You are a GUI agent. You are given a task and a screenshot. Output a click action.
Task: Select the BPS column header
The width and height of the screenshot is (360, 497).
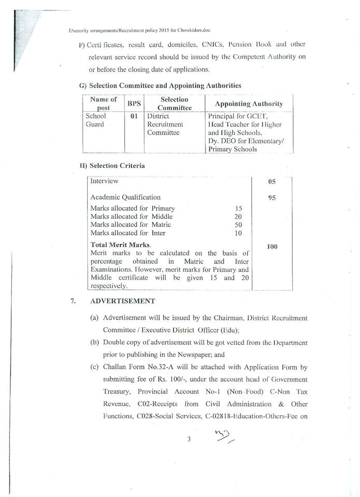[134, 104]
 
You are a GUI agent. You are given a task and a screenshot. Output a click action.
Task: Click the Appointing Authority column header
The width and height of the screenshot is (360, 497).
[249, 104]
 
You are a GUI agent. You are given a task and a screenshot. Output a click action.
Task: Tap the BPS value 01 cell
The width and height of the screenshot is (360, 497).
[134, 116]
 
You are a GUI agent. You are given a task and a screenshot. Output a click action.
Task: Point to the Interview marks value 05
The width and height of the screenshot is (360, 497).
[272, 182]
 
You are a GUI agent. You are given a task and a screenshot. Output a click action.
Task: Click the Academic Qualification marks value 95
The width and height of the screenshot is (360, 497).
[272, 198]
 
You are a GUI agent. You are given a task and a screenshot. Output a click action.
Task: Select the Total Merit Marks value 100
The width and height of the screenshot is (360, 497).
[272, 246]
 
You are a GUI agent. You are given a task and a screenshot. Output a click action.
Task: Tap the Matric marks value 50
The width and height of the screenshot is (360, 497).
[238, 225]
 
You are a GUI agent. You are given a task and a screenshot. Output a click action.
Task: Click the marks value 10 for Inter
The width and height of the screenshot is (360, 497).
[238, 233]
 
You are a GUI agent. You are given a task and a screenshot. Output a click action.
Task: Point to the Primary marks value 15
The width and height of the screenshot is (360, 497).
[238, 209]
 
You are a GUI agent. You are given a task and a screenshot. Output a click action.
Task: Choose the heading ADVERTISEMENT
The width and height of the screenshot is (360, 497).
[122, 301]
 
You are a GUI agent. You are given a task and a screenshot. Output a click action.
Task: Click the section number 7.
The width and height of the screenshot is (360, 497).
[73, 301]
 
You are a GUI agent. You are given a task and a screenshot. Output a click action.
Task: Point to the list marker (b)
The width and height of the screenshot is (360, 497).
[94, 342]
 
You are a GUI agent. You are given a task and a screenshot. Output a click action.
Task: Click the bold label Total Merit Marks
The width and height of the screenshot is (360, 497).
[120, 244]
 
